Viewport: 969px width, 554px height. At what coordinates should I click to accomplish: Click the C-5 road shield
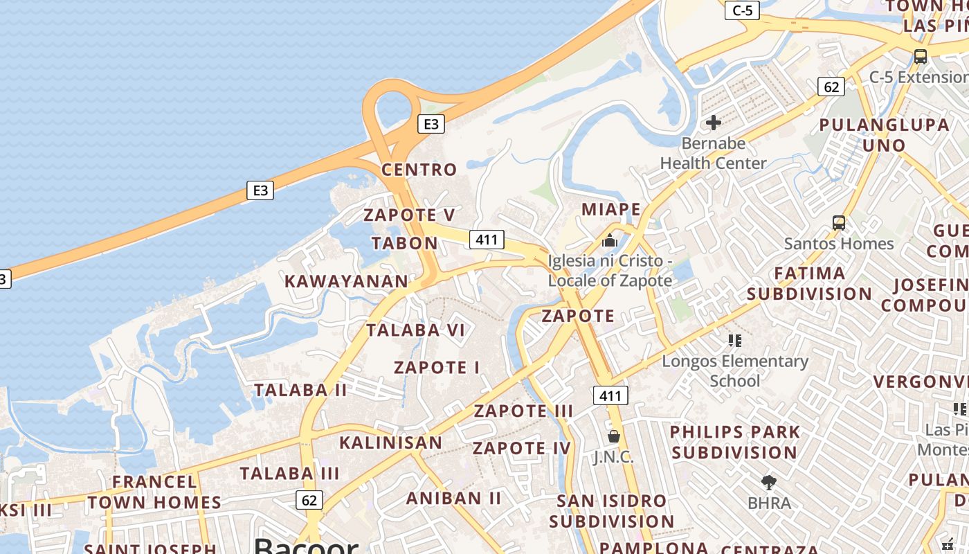pyautogui.click(x=742, y=10)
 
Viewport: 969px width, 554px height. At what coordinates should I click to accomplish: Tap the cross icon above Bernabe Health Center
pyautogui.click(x=714, y=123)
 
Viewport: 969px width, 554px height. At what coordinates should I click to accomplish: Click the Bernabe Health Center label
pyautogui.click(x=713, y=153)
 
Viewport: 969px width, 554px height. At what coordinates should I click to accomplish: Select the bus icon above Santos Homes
pyautogui.click(x=839, y=223)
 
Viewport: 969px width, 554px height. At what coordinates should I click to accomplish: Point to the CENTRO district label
pyautogui.click(x=419, y=170)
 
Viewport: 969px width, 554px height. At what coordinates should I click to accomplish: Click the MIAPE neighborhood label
pyautogui.click(x=611, y=209)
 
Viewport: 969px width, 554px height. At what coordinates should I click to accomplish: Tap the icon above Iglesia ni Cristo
pyautogui.click(x=610, y=240)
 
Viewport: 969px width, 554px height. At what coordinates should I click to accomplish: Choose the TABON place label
pyautogui.click(x=405, y=243)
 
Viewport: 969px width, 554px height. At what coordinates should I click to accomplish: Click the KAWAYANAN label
pyautogui.click(x=347, y=281)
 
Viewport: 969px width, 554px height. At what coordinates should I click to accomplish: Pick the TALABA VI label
pyautogui.click(x=416, y=330)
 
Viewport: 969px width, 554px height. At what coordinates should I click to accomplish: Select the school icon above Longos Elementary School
pyautogui.click(x=735, y=341)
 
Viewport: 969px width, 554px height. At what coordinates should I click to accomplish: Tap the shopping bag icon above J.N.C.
pyautogui.click(x=613, y=436)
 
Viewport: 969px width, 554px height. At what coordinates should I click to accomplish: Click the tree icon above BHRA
pyautogui.click(x=768, y=483)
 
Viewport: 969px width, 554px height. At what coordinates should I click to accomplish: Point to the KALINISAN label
pyautogui.click(x=390, y=443)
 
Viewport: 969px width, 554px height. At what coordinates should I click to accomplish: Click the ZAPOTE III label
pyautogui.click(x=523, y=411)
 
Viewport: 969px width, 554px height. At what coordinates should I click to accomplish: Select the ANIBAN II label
pyautogui.click(x=453, y=498)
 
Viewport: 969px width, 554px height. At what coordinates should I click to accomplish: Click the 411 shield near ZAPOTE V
pyautogui.click(x=487, y=240)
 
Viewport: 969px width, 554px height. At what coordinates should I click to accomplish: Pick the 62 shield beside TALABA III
pyautogui.click(x=309, y=499)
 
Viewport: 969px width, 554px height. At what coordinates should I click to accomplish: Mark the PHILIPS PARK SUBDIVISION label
pyautogui.click(x=734, y=442)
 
